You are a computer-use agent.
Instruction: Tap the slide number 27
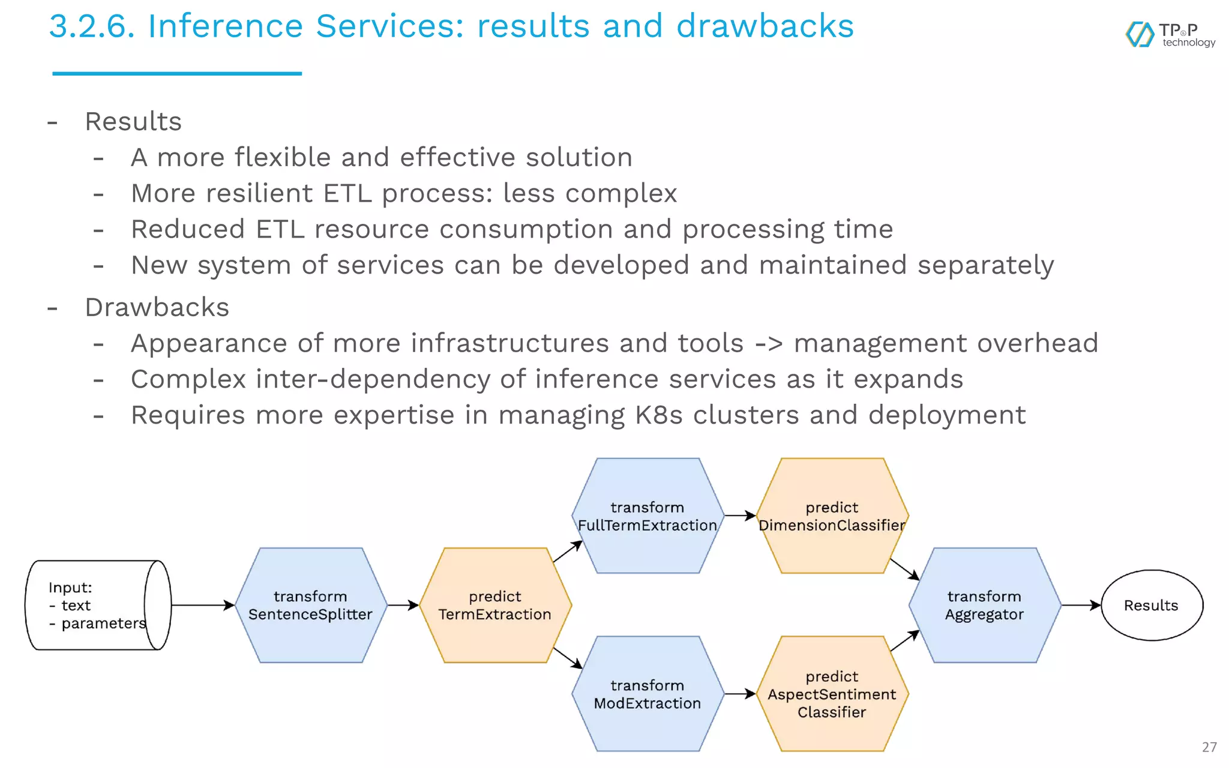pyautogui.click(x=1209, y=747)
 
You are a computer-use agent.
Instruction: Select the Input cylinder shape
pyautogui.click(x=96, y=605)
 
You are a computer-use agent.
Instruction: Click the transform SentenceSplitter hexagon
pyautogui.click(x=310, y=605)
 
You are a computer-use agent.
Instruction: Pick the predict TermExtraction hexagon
pyautogui.click(x=494, y=605)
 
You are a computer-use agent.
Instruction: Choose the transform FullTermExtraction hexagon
pyautogui.click(x=647, y=516)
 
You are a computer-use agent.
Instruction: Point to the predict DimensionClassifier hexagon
pyautogui.click(x=832, y=516)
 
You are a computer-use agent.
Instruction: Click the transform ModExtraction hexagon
pyautogui.click(x=647, y=694)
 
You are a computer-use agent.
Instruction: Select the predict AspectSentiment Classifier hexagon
pyautogui.click(x=832, y=694)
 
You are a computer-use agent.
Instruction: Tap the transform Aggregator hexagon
pyautogui.click(x=984, y=605)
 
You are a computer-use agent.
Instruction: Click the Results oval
pyautogui.click(x=1151, y=605)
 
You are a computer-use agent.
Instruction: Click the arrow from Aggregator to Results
pyautogui.click(x=1081, y=605)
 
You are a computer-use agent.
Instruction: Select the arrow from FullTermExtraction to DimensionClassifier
pyautogui.click(x=739, y=515)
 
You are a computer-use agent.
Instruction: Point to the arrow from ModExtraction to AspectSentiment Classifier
pyautogui.click(x=739, y=694)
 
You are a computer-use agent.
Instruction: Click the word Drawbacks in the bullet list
pyautogui.click(x=157, y=308)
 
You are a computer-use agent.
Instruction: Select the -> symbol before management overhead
pyautogui.click(x=769, y=344)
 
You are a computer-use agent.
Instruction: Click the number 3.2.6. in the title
pyautogui.click(x=92, y=26)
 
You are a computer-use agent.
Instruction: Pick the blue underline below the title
pyautogui.click(x=177, y=73)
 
